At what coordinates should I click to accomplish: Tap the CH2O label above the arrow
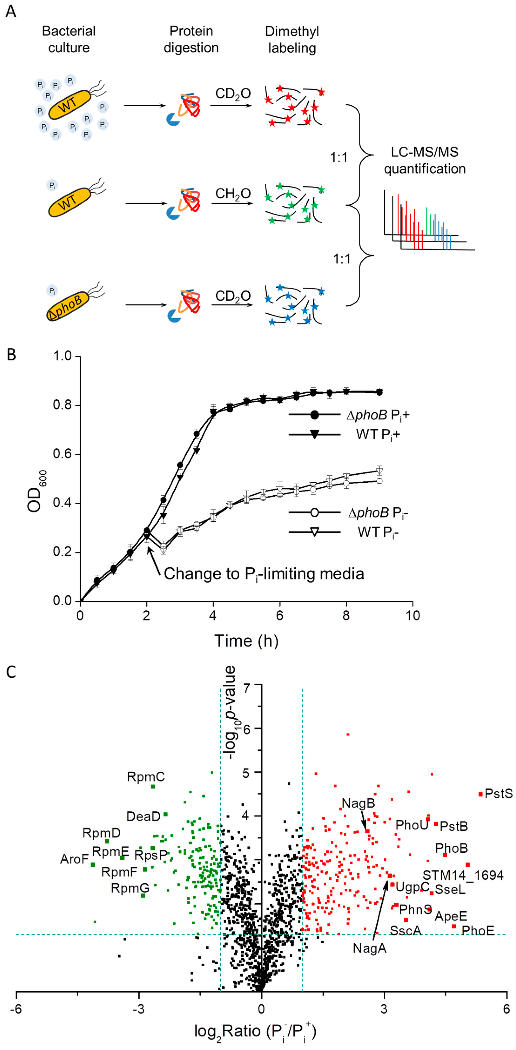pyautogui.click(x=233, y=194)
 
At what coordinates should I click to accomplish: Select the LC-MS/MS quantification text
pyautogui.click(x=424, y=160)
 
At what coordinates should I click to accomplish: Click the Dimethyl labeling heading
pyautogui.click(x=292, y=40)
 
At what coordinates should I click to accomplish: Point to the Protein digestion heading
pyautogui.click(x=191, y=40)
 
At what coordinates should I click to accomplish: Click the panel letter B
pyautogui.click(x=11, y=355)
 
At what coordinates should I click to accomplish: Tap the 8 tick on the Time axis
pyautogui.click(x=346, y=615)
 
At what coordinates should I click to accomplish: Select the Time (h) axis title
pyautogui.click(x=246, y=641)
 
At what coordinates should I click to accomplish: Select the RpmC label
pyautogui.click(x=146, y=777)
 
